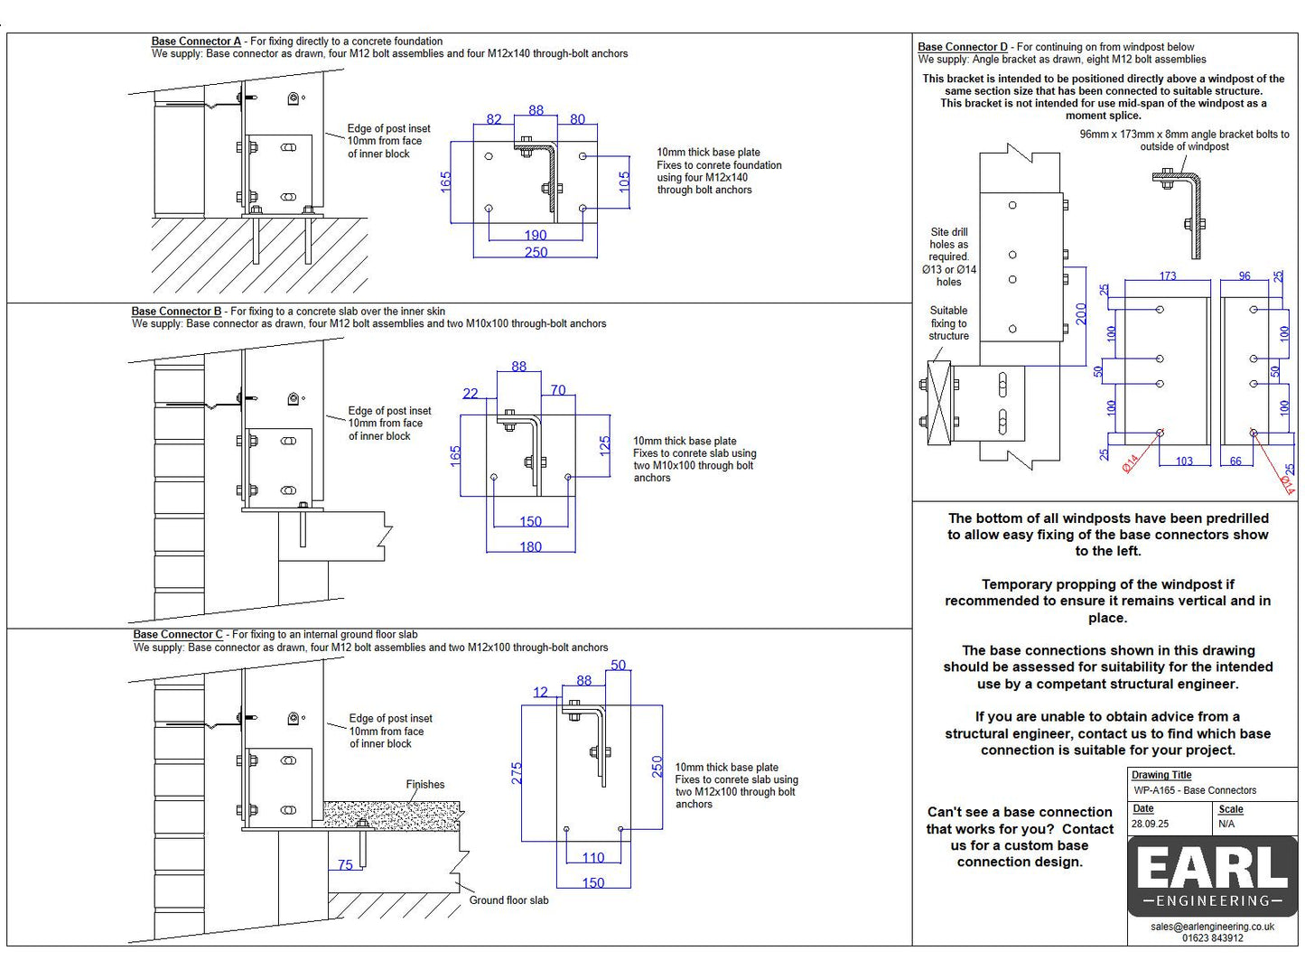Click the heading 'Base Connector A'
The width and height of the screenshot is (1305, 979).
[196, 42]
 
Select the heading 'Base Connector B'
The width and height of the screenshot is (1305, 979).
[176, 312]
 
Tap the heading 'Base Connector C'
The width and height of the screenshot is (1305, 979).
[178, 635]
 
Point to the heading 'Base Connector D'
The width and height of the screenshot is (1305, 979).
[963, 47]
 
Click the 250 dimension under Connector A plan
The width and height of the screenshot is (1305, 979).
[536, 252]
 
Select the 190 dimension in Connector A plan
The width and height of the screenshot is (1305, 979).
[536, 235]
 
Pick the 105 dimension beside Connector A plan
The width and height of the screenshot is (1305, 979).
[624, 182]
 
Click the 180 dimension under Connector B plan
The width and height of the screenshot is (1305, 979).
[531, 546]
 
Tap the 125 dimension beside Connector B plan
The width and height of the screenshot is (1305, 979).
[605, 444]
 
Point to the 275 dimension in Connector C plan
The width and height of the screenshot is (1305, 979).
[517, 773]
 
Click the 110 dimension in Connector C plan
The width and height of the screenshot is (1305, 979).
[593, 858]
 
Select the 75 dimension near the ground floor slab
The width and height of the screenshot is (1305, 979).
[345, 865]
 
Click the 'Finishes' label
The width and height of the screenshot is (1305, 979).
[425, 785]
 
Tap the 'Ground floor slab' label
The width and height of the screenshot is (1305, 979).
[508, 900]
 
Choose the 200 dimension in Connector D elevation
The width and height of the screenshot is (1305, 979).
[1081, 313]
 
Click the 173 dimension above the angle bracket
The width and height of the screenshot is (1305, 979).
[1168, 275]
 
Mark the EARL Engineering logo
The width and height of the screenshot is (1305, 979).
[1212, 875]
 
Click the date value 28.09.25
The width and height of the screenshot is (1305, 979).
[1151, 824]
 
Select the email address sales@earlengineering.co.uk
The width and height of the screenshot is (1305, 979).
[1212, 927]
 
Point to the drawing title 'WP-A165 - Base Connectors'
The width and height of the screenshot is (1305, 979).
[1195, 790]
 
